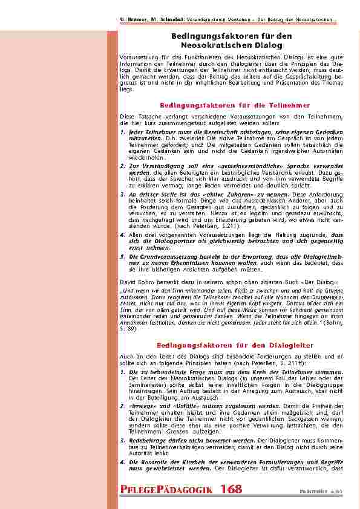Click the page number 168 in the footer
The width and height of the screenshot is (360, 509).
(232, 489)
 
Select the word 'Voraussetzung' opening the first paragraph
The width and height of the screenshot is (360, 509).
(137, 57)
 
